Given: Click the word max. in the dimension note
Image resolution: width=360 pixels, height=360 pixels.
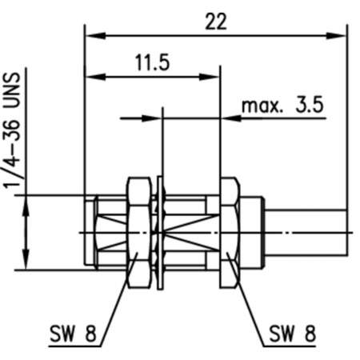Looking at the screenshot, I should tap(259, 104).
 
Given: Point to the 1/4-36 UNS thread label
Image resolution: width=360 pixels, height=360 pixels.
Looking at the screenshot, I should tap(14, 132).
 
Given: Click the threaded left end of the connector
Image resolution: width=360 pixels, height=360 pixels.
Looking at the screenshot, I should tap(104, 231).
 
